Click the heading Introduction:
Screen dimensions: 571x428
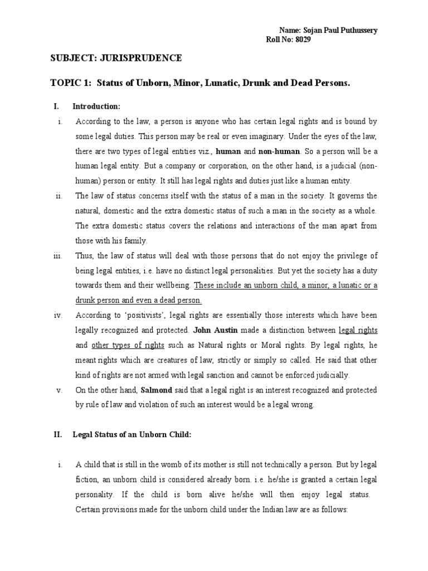(x=96, y=106)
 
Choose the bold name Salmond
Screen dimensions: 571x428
(x=156, y=390)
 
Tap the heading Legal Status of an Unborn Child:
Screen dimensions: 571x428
(x=132, y=435)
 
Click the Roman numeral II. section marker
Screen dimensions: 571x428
(x=57, y=435)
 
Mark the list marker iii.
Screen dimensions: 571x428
(x=57, y=255)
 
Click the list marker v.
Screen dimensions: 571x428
(x=59, y=390)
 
